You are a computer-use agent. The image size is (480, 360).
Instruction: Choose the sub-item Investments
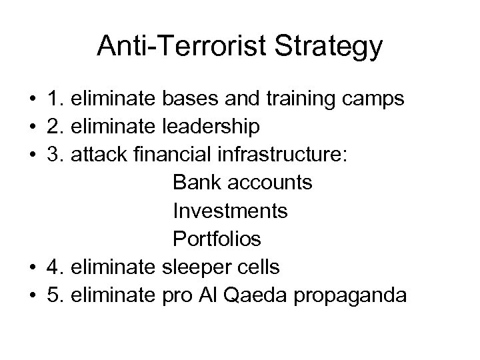(x=230, y=211)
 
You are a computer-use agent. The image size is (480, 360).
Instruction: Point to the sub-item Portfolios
(x=217, y=239)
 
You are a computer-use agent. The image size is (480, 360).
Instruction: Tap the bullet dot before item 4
(x=31, y=267)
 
